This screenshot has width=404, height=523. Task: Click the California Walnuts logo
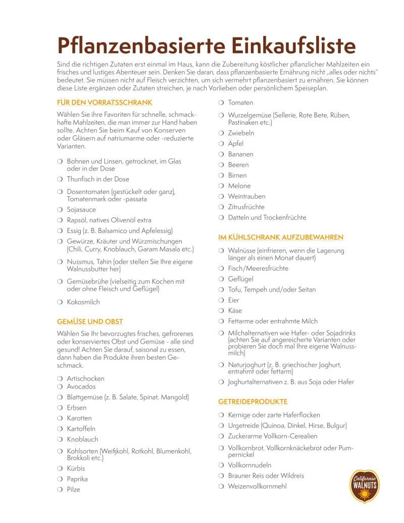(365, 486)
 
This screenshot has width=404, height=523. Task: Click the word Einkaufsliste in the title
(293, 45)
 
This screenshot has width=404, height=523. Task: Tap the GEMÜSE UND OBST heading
(90, 321)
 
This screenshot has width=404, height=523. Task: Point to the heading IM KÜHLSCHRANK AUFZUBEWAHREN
(281, 237)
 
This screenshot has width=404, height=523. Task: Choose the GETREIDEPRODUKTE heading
(252, 401)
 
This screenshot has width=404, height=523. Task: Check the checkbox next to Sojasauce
(60, 210)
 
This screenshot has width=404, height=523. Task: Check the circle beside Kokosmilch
(60, 302)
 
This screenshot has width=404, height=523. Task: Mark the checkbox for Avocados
(60, 387)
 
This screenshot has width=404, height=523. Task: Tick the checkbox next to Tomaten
(221, 103)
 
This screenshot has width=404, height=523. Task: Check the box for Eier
(221, 300)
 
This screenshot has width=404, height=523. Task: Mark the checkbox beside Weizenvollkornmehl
(221, 486)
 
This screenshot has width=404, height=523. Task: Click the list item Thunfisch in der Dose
(98, 179)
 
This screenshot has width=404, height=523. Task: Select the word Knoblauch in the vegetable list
(82, 439)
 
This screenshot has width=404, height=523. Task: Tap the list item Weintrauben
(246, 196)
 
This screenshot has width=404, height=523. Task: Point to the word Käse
(235, 311)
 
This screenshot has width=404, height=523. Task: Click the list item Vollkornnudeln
(249, 465)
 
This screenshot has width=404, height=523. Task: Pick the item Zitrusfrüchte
(246, 207)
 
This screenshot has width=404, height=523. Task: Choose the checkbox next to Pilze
(60, 490)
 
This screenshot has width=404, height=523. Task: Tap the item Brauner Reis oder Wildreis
(266, 476)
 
